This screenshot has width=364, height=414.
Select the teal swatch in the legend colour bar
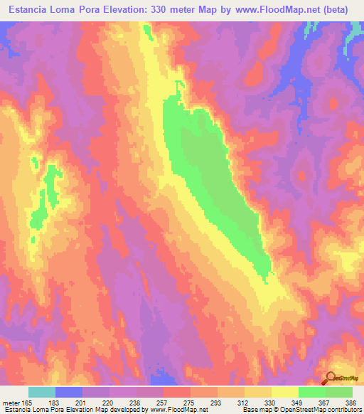[x=42, y=392]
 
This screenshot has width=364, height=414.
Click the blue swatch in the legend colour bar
[x=69, y=392]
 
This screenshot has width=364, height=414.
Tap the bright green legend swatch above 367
[x=312, y=392]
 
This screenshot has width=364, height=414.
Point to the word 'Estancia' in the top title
[x=33, y=10]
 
